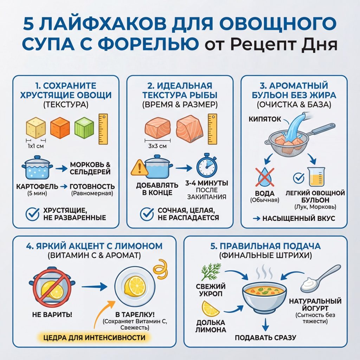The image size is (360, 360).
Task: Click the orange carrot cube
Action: pos(60,127)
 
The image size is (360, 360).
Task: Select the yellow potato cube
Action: pos(36,127)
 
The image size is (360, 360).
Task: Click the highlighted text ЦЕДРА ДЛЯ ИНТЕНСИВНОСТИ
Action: pos(94,337)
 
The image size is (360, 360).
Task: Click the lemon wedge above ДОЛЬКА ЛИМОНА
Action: pos(210,308)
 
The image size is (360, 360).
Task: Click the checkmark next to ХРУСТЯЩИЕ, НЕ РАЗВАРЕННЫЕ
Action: pos(33,214)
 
